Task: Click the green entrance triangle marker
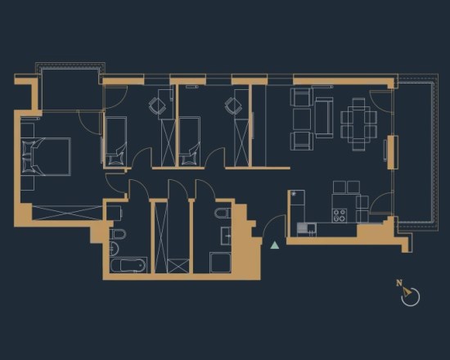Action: pyautogui.click(x=275, y=245)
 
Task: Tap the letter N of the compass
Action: pyautogui.click(x=399, y=283)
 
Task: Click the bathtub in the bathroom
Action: pyautogui.click(x=128, y=265)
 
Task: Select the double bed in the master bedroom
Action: pyautogui.click(x=46, y=156)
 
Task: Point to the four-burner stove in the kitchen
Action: pyautogui.click(x=340, y=215)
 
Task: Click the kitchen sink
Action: pyautogui.click(x=307, y=228)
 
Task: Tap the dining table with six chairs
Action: pyautogui.click(x=358, y=124)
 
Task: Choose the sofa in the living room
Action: pyautogui.click(x=324, y=118)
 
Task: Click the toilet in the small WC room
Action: pyautogui.click(x=223, y=213)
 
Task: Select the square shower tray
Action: pyautogui.click(x=220, y=263)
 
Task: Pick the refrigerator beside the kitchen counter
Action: pyautogui.click(x=297, y=206)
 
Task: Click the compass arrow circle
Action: pyautogui.click(x=411, y=297)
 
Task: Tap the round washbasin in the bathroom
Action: pyautogui.click(x=114, y=249)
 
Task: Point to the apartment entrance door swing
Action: pyautogui.click(x=273, y=226)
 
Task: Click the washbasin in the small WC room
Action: pyautogui.click(x=226, y=236)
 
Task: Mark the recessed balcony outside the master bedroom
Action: pyautogui.click(x=71, y=89)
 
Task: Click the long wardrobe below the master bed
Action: pyautogui.click(x=67, y=213)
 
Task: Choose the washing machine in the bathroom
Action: pyautogui.click(x=115, y=213)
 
